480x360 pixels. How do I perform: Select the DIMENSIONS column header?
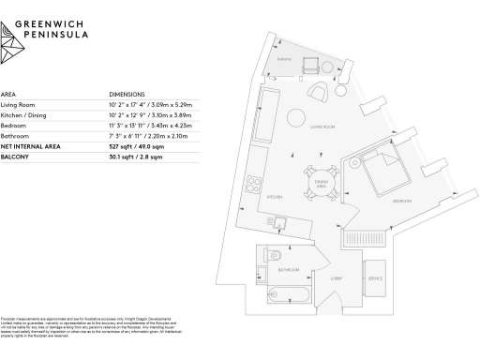(127, 95)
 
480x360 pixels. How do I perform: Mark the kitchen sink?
(278, 221)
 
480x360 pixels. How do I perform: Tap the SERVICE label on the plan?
(375, 278)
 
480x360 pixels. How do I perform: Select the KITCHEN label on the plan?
(274, 197)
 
